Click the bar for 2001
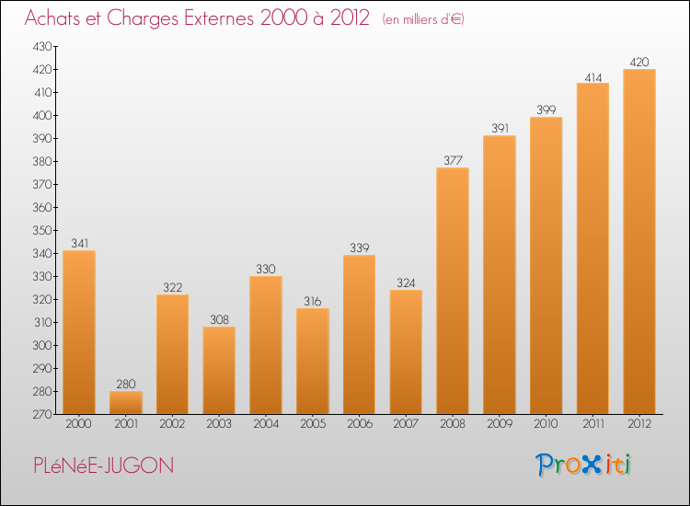[x=126, y=402]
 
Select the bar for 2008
[x=453, y=291]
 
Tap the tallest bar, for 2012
[x=639, y=241]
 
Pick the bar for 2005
[x=313, y=361]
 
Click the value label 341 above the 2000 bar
[x=79, y=244]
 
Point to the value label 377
[x=453, y=161]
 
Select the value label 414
[x=592, y=76]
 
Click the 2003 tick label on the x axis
[x=219, y=424]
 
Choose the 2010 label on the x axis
[x=546, y=424]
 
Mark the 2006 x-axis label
[x=359, y=424]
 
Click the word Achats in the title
[x=54, y=18]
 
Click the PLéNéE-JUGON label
[x=98, y=466]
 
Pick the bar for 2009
[x=500, y=275]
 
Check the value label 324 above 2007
[x=406, y=283]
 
